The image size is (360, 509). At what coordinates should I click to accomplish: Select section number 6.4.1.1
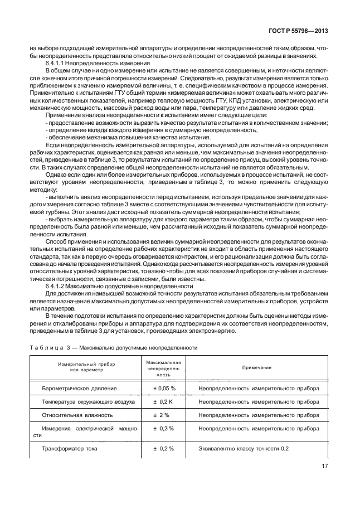[x=57, y=64]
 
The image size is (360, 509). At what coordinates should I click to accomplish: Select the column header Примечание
[x=257, y=369]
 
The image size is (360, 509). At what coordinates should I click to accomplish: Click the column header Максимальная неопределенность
[x=164, y=369]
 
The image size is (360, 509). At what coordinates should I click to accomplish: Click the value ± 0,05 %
[x=164, y=388]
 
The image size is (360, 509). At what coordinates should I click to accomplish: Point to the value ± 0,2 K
[x=164, y=401]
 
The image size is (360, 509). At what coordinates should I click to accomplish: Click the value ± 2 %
[x=164, y=415]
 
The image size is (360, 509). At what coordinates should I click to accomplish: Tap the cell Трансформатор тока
[x=70, y=448]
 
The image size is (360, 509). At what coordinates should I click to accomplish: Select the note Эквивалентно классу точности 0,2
[x=244, y=448]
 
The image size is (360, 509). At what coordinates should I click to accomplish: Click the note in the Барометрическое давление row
[x=259, y=388]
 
